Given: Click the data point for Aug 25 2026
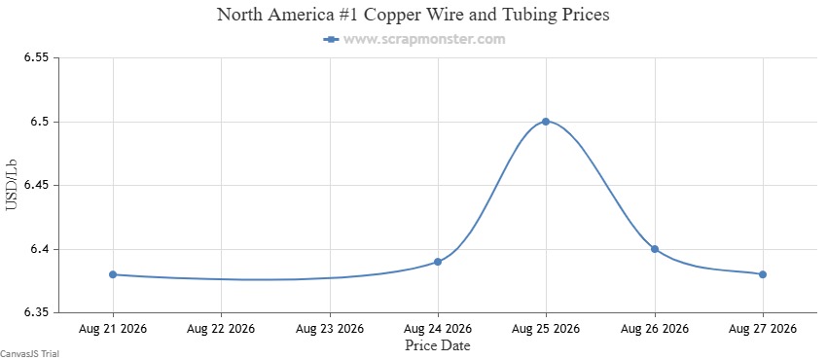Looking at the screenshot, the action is pos(546,122).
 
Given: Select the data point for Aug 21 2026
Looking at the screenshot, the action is pos(113,274).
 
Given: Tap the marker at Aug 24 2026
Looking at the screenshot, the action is pos(438,262).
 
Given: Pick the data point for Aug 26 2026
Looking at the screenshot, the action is pos(655,249).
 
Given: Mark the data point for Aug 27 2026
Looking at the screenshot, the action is pos(763,274).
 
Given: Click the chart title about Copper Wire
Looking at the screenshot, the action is pos(413,15).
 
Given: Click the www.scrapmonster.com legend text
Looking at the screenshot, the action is pos(424,39).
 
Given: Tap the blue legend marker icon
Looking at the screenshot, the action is pos(331,40).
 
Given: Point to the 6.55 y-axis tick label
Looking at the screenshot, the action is pos(36,57).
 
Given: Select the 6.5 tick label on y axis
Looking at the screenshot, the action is pos(40,122).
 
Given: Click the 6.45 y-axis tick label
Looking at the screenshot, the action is pos(36,186).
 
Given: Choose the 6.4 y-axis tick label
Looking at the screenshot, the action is pos(40,249).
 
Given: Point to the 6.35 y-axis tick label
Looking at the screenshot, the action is pos(36,313).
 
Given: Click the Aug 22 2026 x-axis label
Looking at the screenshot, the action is pos(221,329).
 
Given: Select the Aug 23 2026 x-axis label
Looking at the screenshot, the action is pos(330,329).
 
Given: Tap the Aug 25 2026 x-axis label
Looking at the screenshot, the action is pos(546,329).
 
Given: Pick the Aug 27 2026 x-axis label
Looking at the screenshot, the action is pos(763,329).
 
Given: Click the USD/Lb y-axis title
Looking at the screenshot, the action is pos(12,186).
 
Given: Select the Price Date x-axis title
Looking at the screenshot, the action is pos(437,345).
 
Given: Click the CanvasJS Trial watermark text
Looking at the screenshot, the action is pos(29,353).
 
